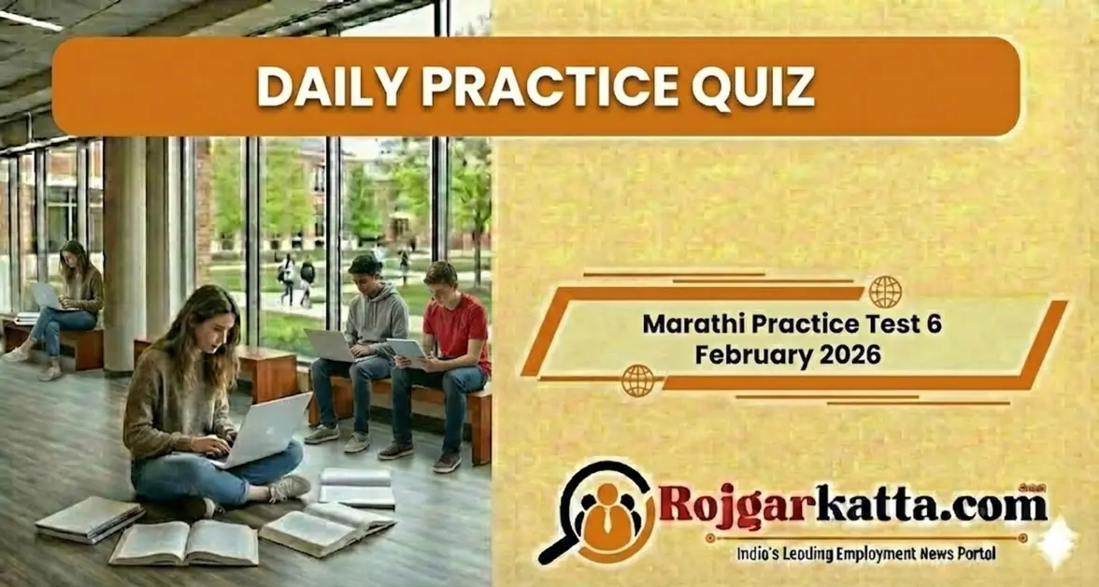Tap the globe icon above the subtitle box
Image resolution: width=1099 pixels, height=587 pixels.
tap(884, 292)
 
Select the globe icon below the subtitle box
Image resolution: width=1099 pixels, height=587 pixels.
tap(637, 380)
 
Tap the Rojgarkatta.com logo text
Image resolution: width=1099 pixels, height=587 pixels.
tap(851, 506)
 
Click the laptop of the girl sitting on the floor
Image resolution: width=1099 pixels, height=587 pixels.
tap(265, 429)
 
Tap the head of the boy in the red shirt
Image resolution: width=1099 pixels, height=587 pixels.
tap(440, 278)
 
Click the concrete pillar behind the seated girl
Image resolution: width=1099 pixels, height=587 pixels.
tap(124, 252)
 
